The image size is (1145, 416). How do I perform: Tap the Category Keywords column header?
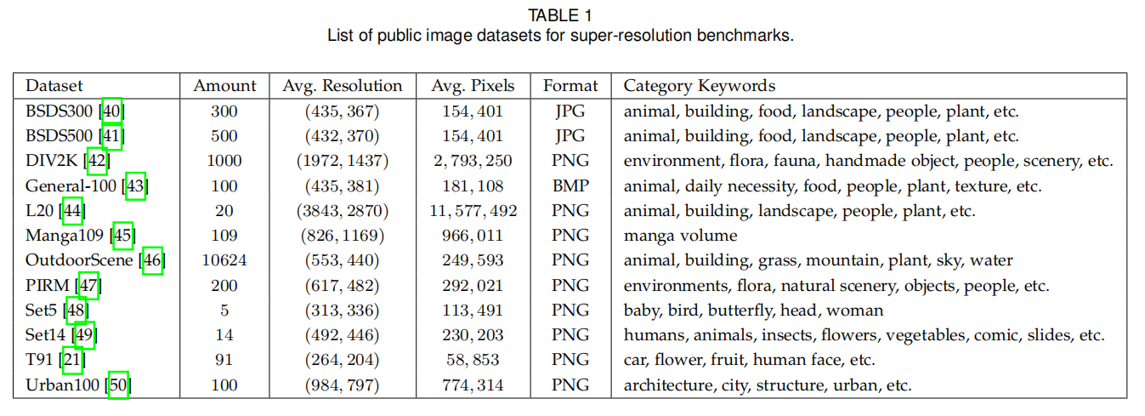point(699,86)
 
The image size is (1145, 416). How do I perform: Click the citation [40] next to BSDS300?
point(112,111)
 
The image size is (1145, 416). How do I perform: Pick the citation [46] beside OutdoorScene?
point(153,260)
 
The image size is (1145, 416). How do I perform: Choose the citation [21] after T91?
point(72,360)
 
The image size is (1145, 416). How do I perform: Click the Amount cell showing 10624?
point(224,260)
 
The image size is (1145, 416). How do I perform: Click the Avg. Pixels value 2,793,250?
point(473,161)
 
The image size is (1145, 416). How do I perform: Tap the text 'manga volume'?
point(680,236)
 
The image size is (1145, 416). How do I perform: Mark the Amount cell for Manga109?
point(224,236)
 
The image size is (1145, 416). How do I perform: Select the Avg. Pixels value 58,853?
point(473,360)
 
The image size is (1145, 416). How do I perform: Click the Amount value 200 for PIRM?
point(224,286)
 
